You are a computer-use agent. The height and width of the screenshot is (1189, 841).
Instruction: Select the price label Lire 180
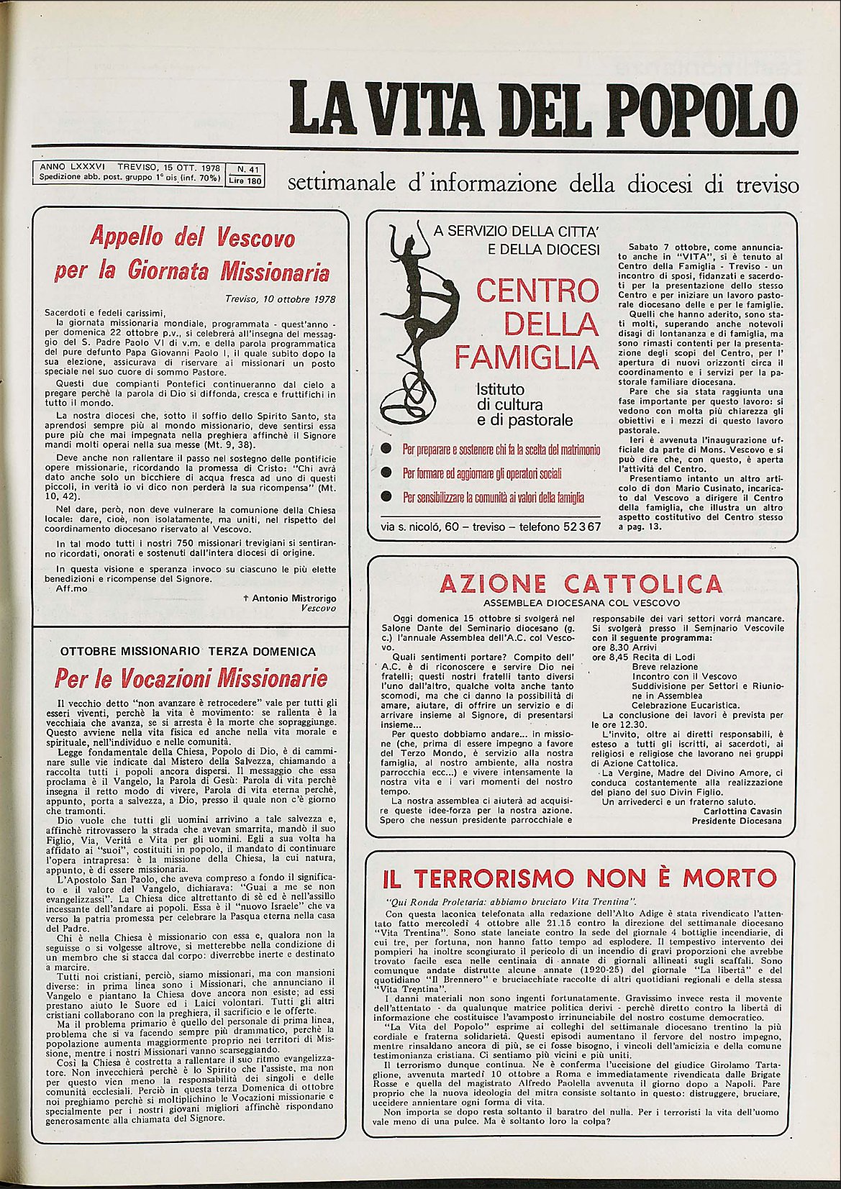click(x=245, y=181)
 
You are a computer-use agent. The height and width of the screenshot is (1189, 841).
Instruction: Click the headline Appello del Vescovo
click(x=192, y=237)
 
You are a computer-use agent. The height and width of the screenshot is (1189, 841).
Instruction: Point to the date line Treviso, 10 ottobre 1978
click(x=281, y=299)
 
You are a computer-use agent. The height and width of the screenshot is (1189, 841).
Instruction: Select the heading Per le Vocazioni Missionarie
click(x=191, y=678)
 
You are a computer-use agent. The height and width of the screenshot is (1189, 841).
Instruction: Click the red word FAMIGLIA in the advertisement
click(x=527, y=357)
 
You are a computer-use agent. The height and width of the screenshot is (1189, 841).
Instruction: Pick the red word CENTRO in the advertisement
click(x=537, y=291)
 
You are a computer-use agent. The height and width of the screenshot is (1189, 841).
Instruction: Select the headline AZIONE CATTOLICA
click(x=581, y=583)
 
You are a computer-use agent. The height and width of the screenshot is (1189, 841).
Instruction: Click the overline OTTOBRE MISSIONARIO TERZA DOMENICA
click(x=188, y=652)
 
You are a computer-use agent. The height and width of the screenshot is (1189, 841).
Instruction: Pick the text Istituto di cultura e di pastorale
click(x=524, y=404)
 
